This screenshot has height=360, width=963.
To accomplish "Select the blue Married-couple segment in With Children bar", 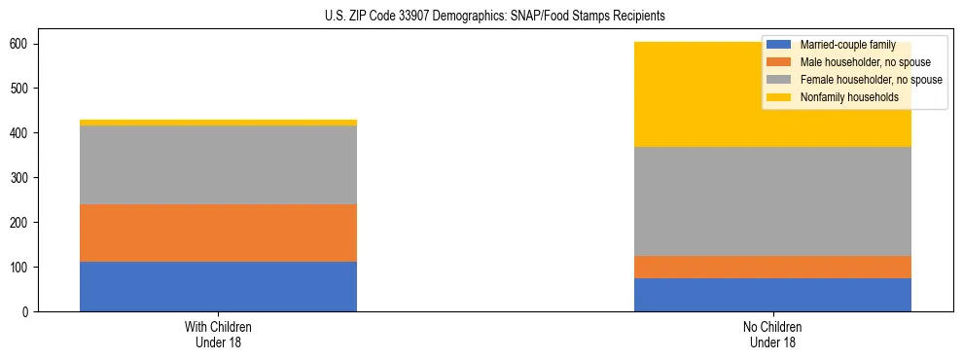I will point(218,286).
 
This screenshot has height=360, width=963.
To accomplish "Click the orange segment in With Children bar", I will point(218,233).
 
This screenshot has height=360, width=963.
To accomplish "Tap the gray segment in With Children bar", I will point(218,164).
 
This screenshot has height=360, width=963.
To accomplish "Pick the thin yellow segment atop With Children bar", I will point(218,123).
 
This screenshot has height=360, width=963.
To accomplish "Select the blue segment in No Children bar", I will point(772,295).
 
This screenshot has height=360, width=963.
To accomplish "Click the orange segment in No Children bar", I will point(772,267).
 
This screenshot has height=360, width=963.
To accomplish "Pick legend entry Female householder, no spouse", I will point(870,80).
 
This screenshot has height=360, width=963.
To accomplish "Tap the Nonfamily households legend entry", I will point(843,97).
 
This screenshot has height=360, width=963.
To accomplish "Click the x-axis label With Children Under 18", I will point(218,334).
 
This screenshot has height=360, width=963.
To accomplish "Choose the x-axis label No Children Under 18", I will point(772,334).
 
